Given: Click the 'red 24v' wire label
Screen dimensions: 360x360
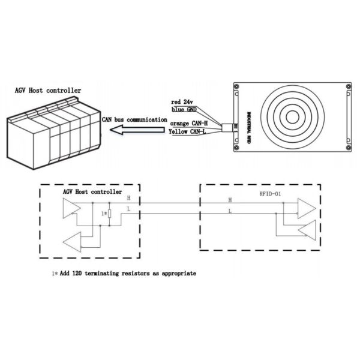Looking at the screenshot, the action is tap(182, 102).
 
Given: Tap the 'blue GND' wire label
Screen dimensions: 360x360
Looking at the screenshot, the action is tap(184, 110).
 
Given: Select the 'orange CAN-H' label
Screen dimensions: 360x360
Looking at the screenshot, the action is tap(189, 124).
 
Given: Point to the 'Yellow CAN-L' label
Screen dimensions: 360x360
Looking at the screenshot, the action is tap(187, 132).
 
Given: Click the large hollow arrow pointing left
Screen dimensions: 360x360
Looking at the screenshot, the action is tap(137, 130).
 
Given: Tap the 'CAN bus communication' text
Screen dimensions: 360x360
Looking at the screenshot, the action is tap(134, 119).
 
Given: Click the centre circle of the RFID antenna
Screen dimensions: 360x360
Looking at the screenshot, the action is tap(293, 117).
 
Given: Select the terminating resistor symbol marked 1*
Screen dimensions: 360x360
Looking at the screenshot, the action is tap(110, 214).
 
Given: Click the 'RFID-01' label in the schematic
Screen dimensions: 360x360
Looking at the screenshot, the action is tap(270, 194).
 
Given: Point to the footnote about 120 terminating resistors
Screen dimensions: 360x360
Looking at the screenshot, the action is tap(124, 274).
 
